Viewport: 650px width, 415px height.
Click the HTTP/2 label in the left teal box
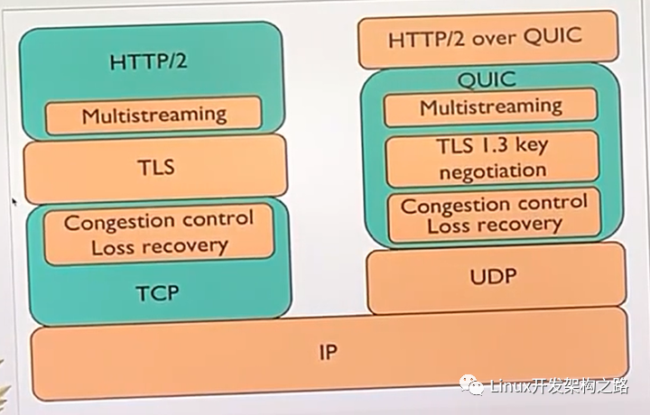(x=148, y=61)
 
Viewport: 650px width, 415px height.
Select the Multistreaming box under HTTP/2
(x=153, y=115)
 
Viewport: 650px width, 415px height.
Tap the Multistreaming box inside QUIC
(x=491, y=106)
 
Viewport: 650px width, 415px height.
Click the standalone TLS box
(x=155, y=169)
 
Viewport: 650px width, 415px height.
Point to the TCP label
(x=157, y=293)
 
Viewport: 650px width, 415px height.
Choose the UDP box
(x=496, y=278)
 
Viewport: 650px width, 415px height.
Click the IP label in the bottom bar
(x=328, y=353)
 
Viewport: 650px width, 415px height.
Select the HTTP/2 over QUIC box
(x=487, y=39)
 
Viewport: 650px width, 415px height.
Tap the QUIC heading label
(x=487, y=78)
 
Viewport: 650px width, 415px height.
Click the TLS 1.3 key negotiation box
(x=493, y=159)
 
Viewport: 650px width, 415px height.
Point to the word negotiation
(x=493, y=171)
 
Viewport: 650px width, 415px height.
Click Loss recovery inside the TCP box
(x=160, y=247)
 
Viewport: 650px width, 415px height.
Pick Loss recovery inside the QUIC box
(x=495, y=226)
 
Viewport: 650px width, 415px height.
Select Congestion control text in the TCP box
(x=158, y=221)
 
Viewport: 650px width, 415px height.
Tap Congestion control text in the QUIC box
(x=494, y=204)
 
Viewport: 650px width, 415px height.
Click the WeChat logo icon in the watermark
(x=471, y=384)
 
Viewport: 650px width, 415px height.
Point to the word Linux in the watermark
(x=510, y=386)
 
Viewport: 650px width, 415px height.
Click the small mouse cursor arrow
(x=15, y=202)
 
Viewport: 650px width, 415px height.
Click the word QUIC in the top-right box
(x=552, y=36)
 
